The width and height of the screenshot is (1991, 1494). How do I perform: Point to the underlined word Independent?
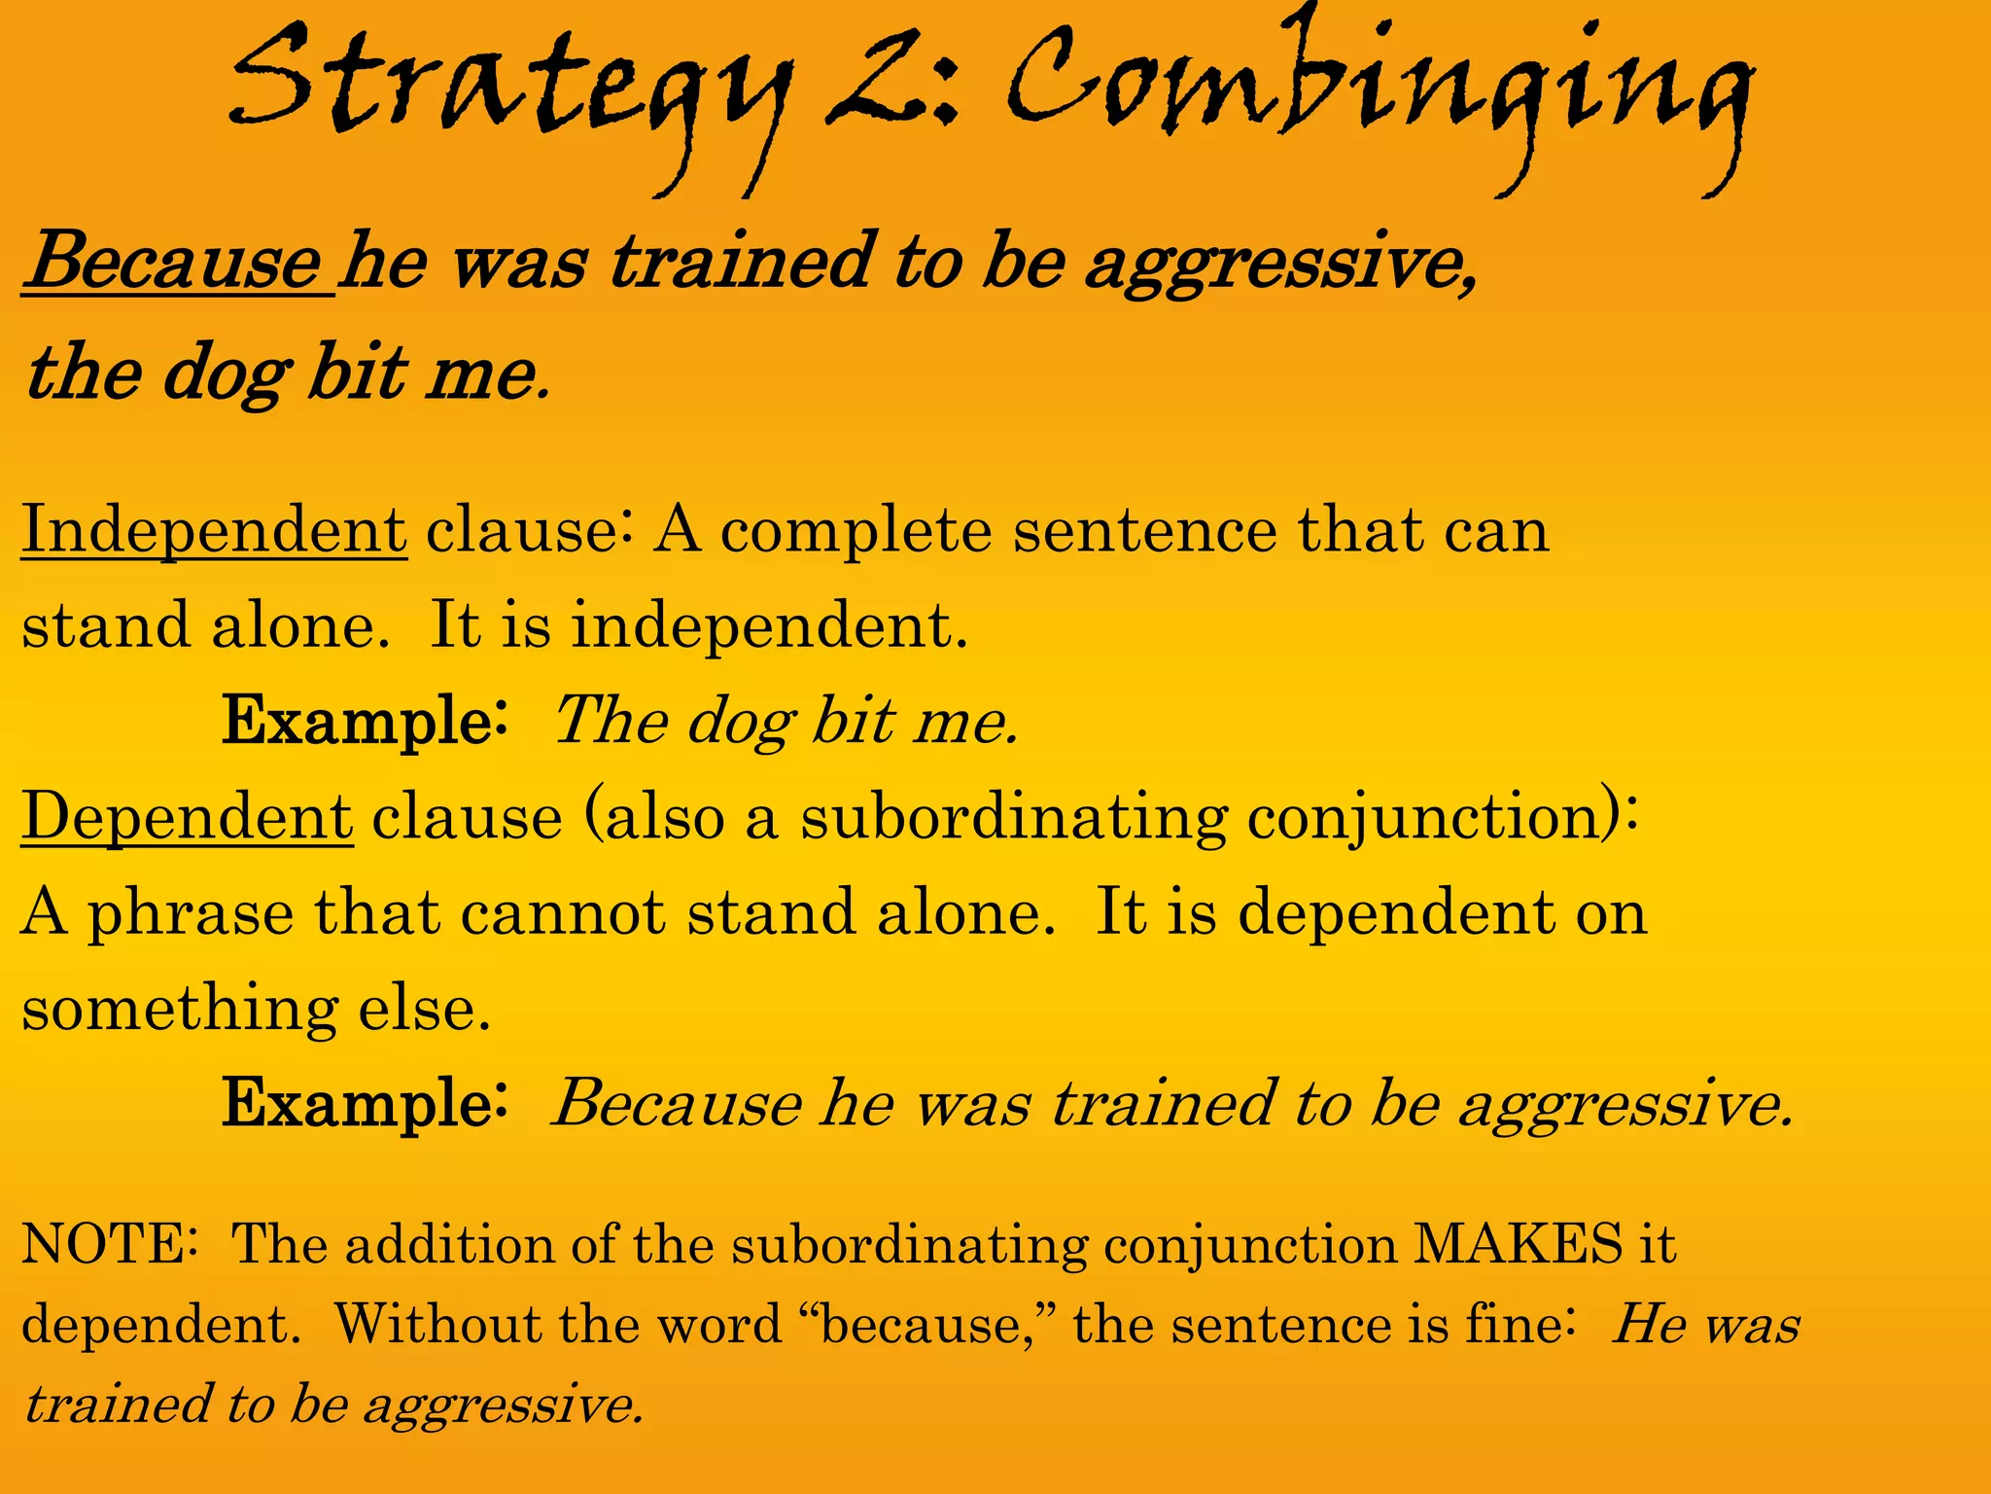(214, 531)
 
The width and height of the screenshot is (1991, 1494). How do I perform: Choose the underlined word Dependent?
(187, 817)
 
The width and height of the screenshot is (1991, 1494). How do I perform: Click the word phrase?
(191, 915)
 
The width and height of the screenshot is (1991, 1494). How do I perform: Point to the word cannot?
(563, 913)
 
